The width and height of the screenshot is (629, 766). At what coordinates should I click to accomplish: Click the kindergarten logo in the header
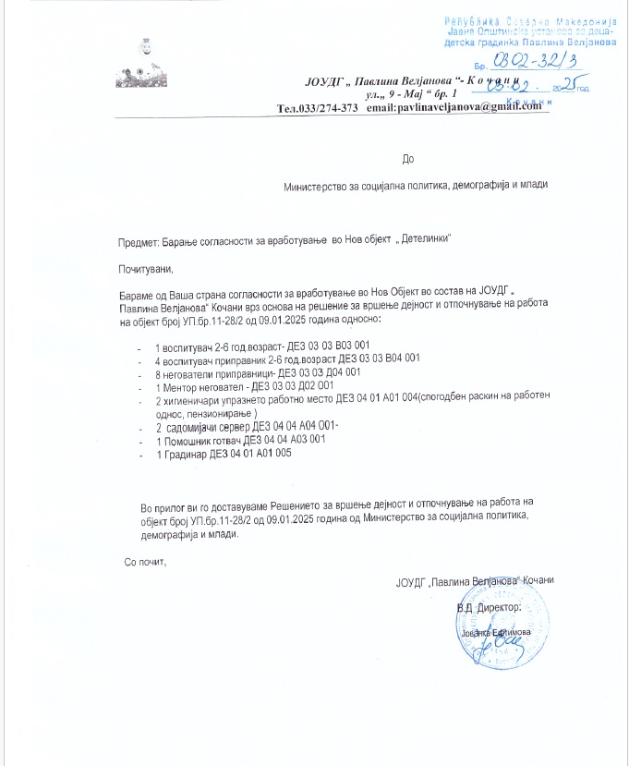tap(142, 61)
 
